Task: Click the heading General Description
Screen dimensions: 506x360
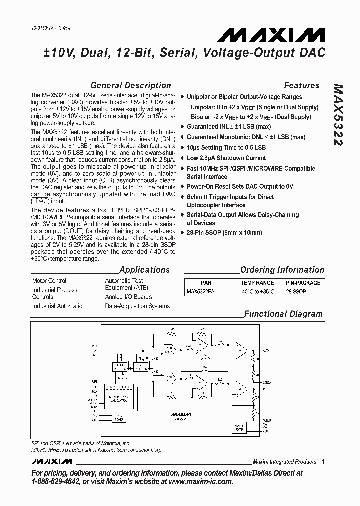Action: (x=130, y=85)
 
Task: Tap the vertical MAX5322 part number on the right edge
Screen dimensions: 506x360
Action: (x=338, y=115)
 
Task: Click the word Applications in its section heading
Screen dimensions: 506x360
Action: (x=144, y=270)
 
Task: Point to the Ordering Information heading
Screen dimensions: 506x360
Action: (x=282, y=270)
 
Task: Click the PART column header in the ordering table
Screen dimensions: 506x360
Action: (x=207, y=282)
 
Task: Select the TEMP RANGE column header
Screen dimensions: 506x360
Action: (x=258, y=282)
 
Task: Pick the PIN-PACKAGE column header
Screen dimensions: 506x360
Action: (x=303, y=282)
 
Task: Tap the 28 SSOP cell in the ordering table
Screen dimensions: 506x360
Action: (x=296, y=291)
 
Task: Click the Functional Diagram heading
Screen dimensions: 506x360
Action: (x=283, y=314)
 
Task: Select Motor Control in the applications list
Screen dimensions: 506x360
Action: (x=49, y=281)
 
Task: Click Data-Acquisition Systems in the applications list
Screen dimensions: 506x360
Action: (x=137, y=306)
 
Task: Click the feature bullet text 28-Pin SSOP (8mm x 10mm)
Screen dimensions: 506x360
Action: (x=224, y=233)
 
